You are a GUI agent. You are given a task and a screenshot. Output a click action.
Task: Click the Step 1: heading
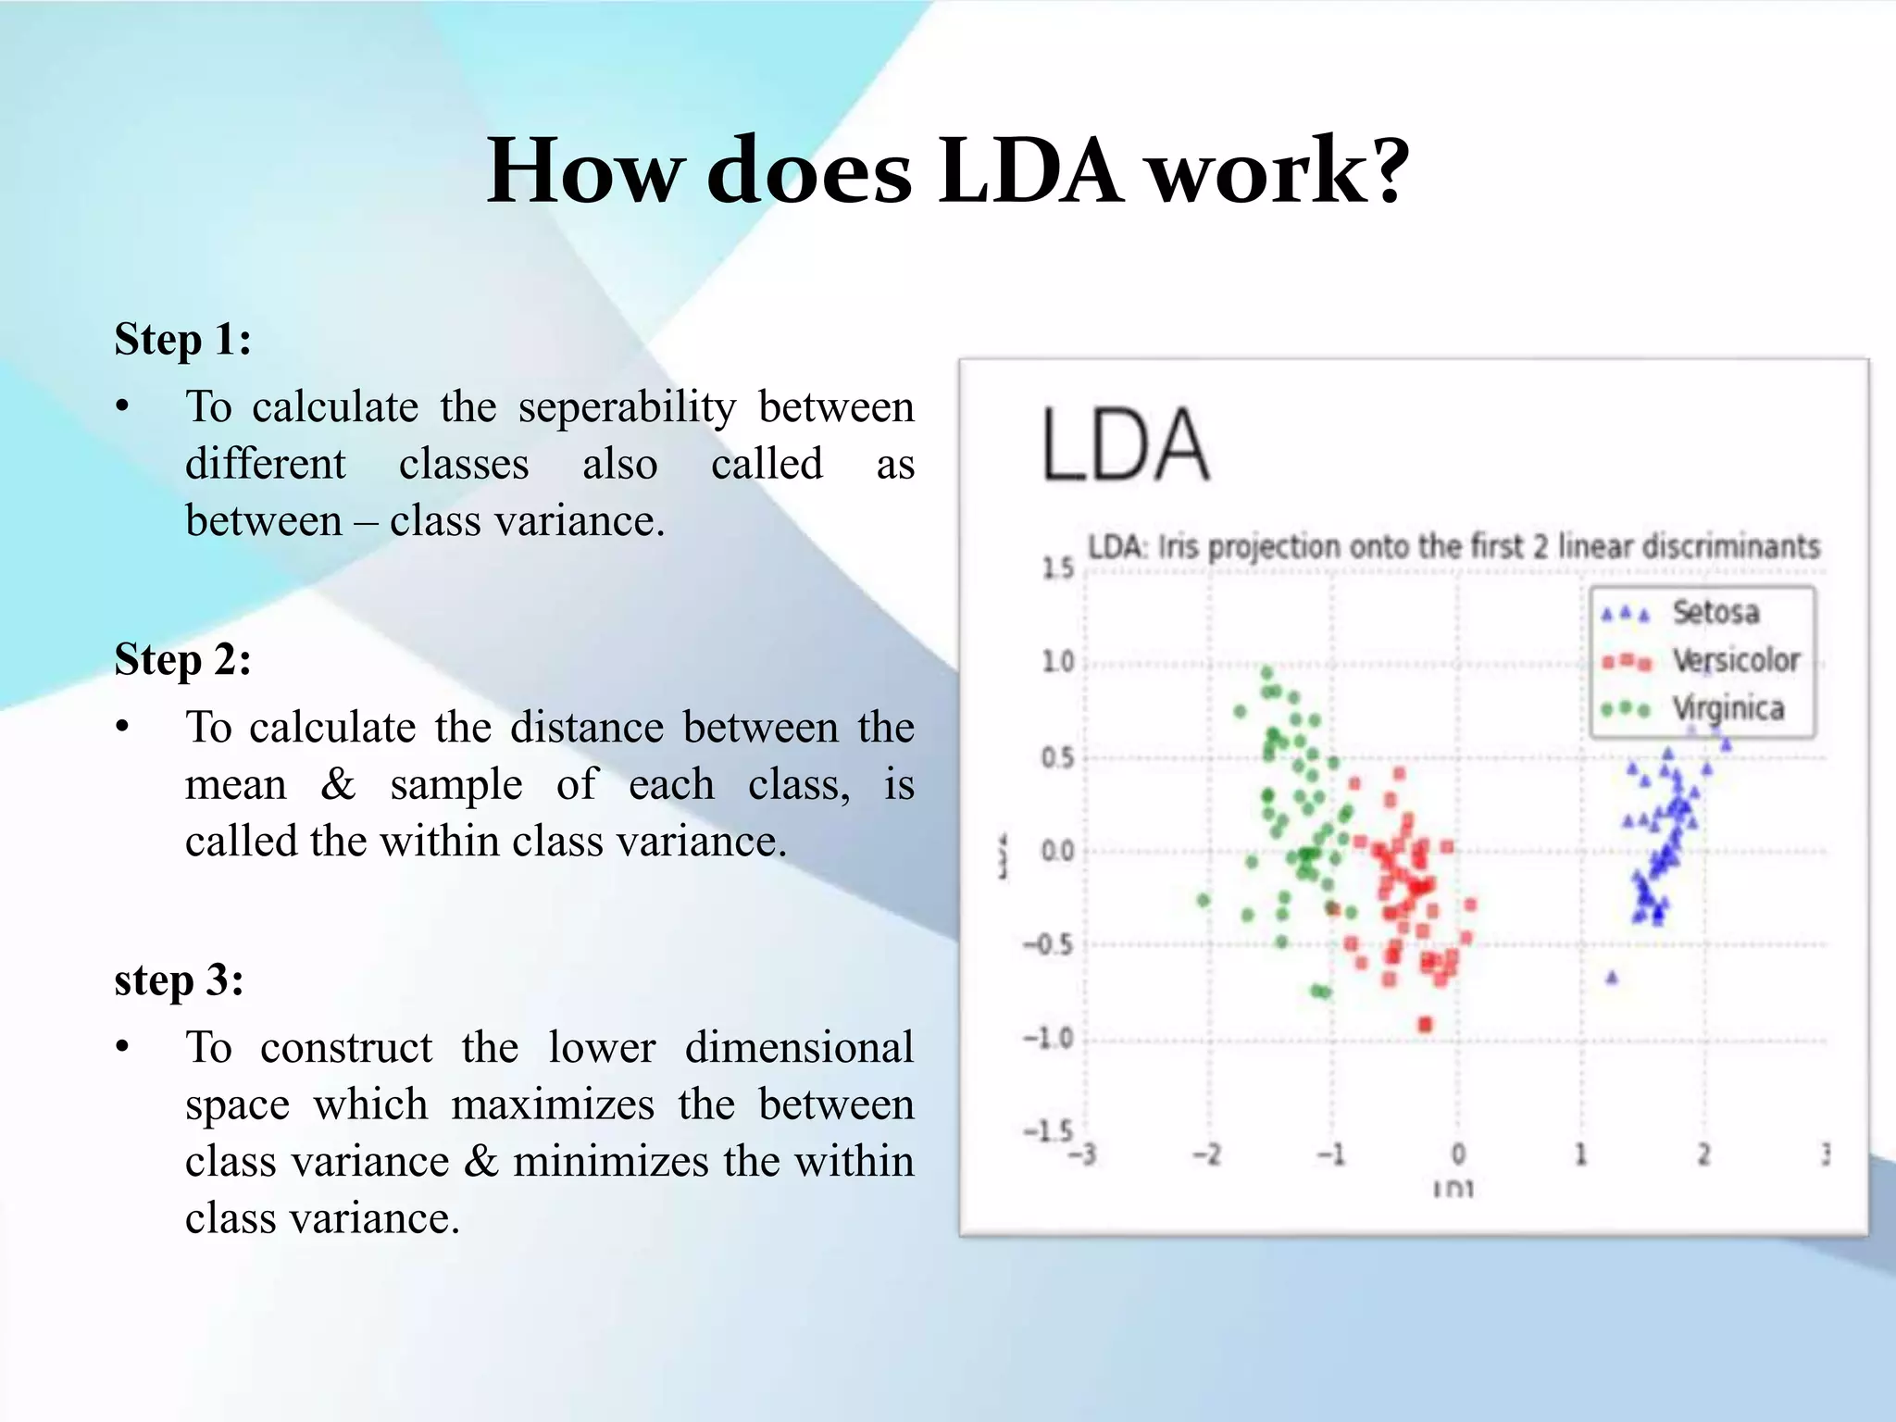point(182,339)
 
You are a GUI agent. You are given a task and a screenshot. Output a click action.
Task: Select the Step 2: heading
point(182,660)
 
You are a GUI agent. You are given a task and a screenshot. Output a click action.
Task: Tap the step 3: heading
point(179,980)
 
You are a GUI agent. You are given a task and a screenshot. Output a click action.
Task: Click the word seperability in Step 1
point(627,407)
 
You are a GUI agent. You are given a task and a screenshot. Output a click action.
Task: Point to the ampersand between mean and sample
point(338,784)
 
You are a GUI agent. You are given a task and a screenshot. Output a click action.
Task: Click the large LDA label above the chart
point(1125,445)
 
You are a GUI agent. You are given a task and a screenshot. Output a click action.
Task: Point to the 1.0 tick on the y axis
point(1057,662)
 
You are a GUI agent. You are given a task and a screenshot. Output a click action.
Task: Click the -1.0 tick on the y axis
point(1049,1038)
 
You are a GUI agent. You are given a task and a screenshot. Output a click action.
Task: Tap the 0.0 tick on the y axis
point(1057,850)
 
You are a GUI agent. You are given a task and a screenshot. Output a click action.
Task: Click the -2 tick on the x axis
point(1206,1154)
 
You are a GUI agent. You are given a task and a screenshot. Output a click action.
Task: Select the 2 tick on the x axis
point(1703,1154)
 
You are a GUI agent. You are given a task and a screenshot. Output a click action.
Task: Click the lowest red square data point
point(1425,1024)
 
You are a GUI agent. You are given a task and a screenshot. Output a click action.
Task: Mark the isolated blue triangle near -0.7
point(1612,977)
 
